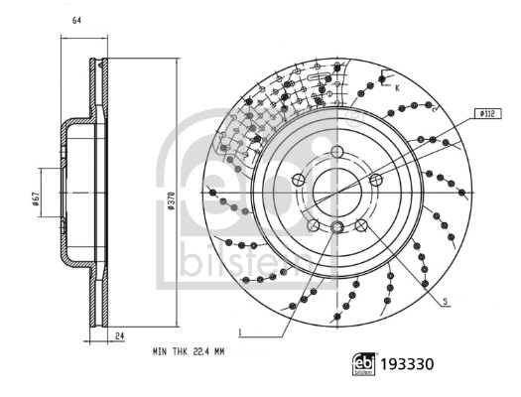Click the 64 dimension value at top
pos(76,21)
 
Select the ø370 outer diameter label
pos(171,200)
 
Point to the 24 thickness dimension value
pos(120,336)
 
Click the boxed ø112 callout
pos(487,114)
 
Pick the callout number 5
pos(446,302)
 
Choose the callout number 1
pos(240,331)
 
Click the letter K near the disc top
pos(397,88)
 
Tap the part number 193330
pos(407,364)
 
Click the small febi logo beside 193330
pos(364,364)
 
